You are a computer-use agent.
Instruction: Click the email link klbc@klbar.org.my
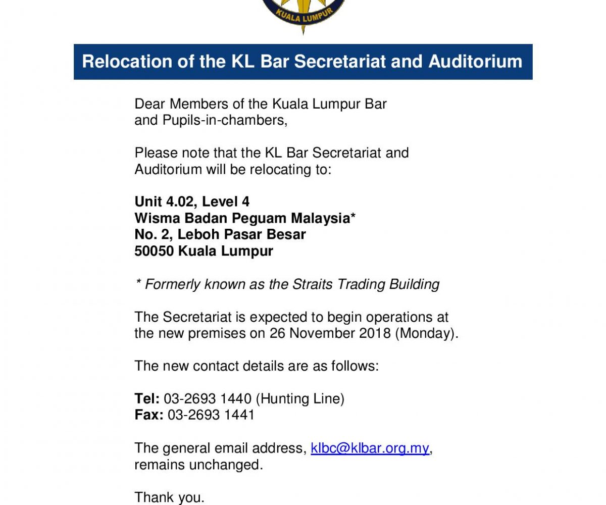(370, 448)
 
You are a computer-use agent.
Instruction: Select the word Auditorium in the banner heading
(475, 62)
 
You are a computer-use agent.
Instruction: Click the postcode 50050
(154, 251)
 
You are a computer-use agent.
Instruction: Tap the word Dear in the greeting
(149, 105)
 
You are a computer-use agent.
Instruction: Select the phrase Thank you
(169, 498)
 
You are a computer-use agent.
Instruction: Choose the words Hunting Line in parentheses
(300, 399)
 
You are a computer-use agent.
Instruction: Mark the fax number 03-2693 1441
(211, 415)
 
